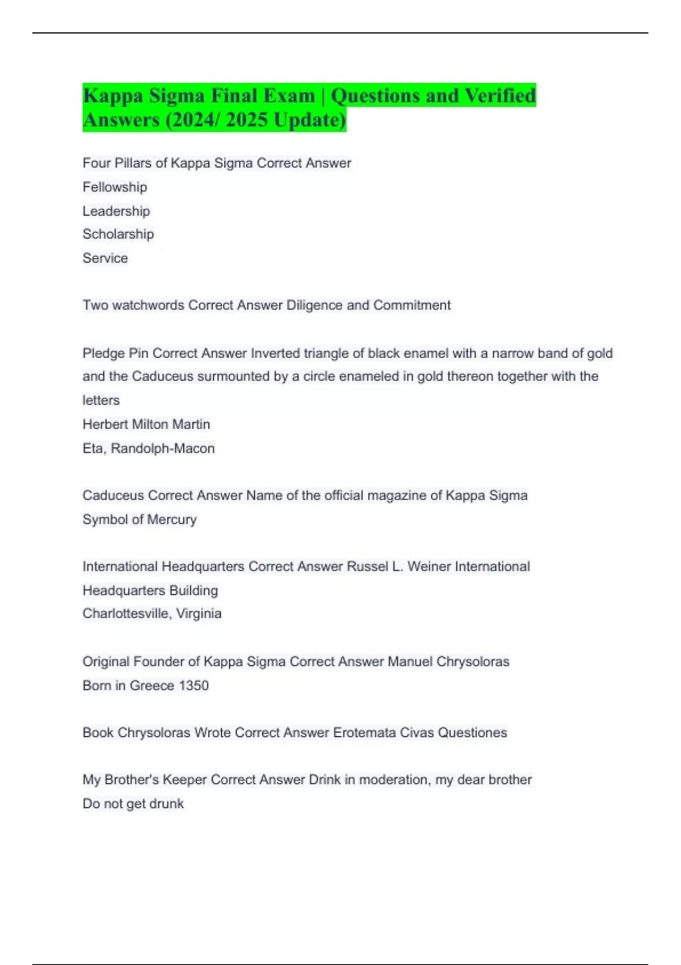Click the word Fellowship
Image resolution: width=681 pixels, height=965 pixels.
[x=115, y=187]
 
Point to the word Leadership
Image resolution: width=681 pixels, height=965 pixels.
[x=116, y=211]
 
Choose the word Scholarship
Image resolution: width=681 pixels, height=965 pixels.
[x=118, y=234]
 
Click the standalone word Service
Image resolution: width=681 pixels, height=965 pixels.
[x=105, y=258]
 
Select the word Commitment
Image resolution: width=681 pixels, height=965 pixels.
[x=411, y=305]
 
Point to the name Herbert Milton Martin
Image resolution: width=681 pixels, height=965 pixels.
[x=146, y=424]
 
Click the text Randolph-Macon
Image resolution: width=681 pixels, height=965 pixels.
[x=163, y=448]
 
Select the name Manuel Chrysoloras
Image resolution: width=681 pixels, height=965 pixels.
[x=448, y=661]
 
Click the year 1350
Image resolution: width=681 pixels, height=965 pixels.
[x=194, y=686]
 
